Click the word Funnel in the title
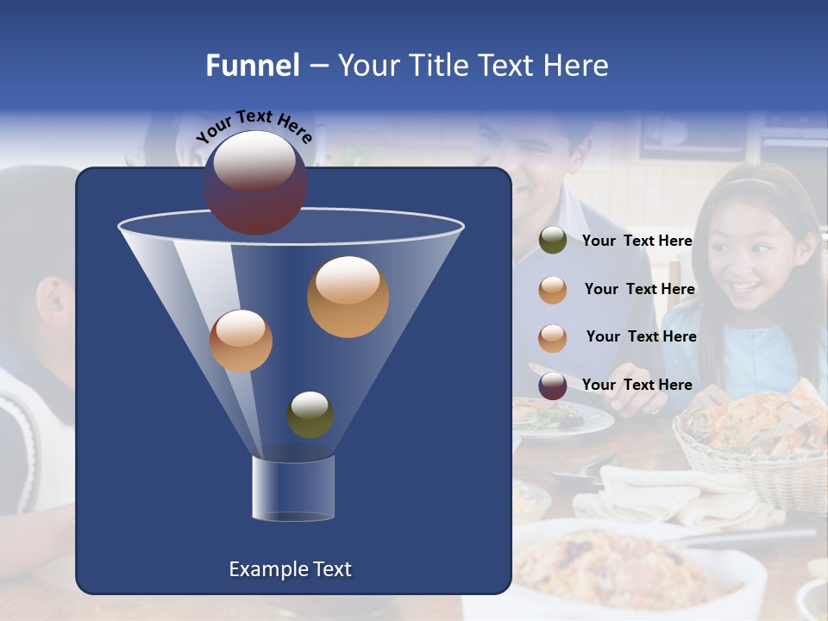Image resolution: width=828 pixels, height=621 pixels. click(x=252, y=66)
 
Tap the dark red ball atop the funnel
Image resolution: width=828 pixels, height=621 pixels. click(x=254, y=183)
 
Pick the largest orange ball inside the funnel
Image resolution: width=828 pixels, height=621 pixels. click(x=348, y=297)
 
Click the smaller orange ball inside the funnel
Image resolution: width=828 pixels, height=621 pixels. click(x=241, y=341)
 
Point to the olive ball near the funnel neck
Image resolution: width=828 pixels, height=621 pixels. click(x=310, y=415)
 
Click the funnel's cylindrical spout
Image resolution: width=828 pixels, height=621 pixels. click(x=292, y=488)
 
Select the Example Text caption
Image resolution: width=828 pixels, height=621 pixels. click(x=290, y=569)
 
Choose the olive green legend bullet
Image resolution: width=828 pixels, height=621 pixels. click(x=553, y=241)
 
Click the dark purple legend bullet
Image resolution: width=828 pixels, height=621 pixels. click(x=553, y=386)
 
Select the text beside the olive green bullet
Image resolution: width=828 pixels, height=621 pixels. click(x=637, y=241)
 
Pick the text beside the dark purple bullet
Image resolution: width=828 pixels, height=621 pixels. click(x=637, y=385)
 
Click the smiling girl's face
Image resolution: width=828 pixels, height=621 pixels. click(x=750, y=258)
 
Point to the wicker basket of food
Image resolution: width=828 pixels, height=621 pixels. click(x=750, y=440)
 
